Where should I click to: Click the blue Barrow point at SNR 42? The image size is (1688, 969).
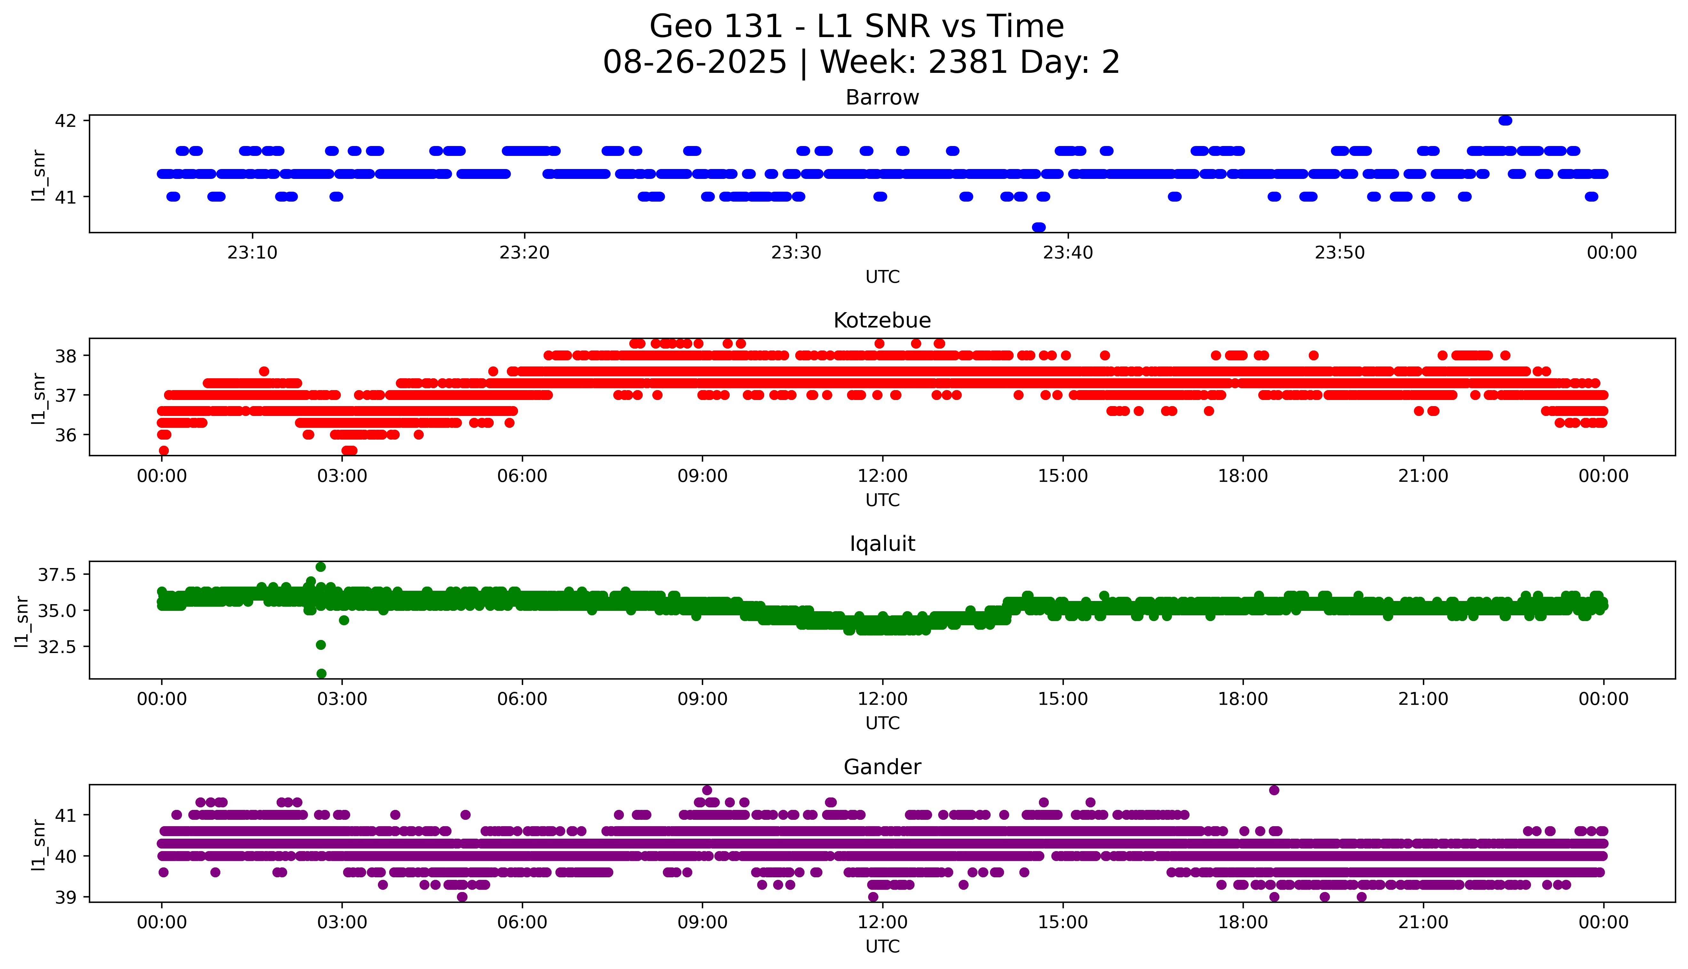pyautogui.click(x=1505, y=120)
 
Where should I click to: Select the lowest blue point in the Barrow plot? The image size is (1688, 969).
pyautogui.click(x=1038, y=227)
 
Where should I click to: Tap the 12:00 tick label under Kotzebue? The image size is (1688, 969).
pyautogui.click(x=882, y=476)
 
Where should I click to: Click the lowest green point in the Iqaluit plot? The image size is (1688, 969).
pyautogui.click(x=321, y=673)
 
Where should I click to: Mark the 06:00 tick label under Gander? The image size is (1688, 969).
pyautogui.click(x=522, y=922)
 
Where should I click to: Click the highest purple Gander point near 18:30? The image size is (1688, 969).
pyautogui.click(x=1274, y=790)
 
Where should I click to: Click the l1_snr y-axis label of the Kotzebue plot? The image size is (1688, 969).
pyautogui.click(x=39, y=398)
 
